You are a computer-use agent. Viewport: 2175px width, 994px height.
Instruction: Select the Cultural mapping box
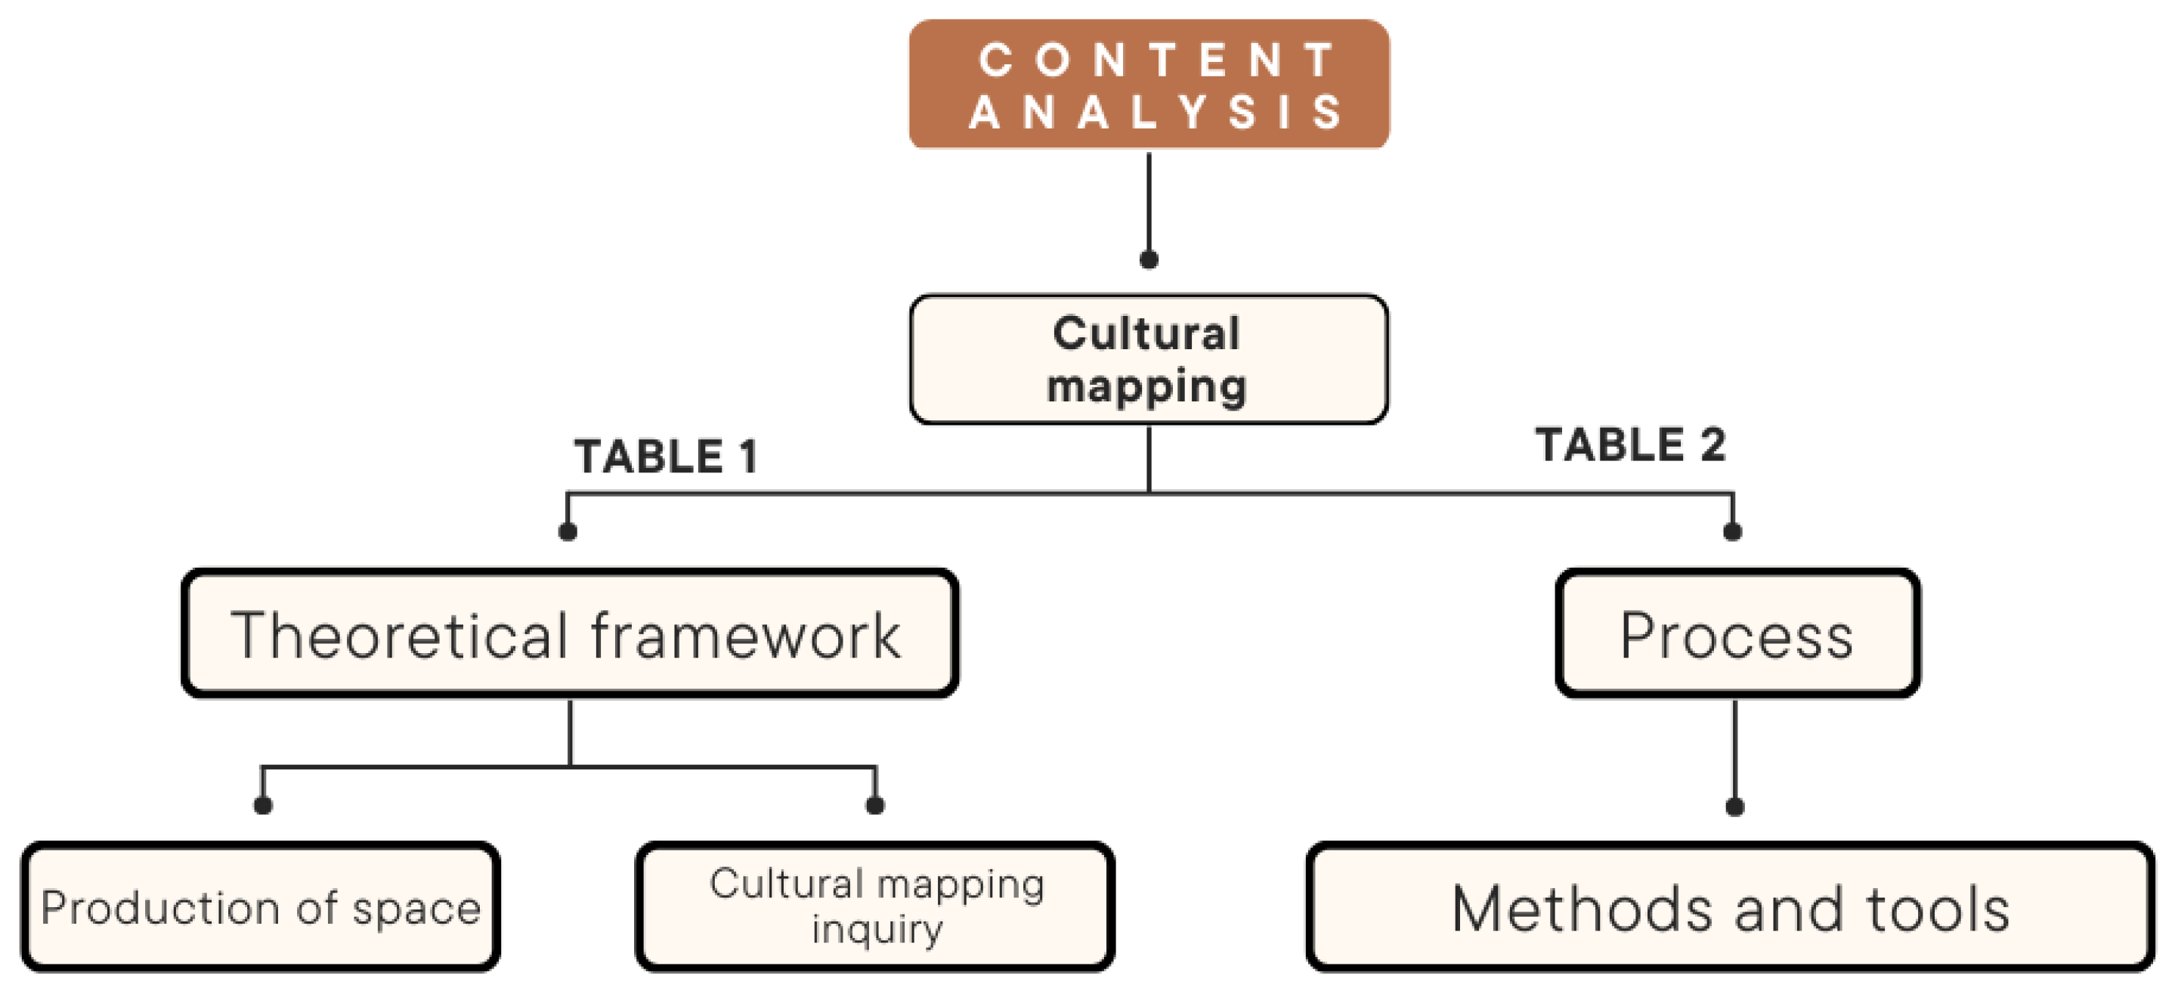click(1147, 359)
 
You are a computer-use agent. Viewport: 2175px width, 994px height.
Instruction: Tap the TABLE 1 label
click(665, 457)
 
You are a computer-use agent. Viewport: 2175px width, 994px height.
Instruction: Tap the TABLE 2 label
click(1629, 445)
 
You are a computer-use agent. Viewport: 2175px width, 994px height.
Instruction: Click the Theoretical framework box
click(569, 633)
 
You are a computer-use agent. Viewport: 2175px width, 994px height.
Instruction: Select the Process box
click(1737, 633)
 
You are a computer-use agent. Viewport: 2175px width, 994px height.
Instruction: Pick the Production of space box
click(260, 907)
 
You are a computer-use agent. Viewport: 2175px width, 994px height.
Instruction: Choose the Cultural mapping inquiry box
click(874, 907)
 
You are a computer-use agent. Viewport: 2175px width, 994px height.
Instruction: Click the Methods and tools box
click(1730, 909)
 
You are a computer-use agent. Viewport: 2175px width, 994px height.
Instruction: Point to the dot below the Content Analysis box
click(1148, 259)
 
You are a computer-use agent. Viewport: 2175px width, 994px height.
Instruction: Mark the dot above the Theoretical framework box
click(568, 531)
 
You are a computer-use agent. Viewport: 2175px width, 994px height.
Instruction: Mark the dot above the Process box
click(1733, 531)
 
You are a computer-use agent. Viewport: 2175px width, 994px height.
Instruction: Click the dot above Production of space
click(262, 805)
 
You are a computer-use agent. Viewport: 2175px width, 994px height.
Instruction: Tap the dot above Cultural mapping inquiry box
click(874, 805)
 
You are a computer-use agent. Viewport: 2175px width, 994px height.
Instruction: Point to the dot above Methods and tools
click(1734, 807)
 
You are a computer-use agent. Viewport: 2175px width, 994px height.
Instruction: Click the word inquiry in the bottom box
click(877, 930)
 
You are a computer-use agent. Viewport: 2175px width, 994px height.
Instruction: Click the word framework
click(746, 635)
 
